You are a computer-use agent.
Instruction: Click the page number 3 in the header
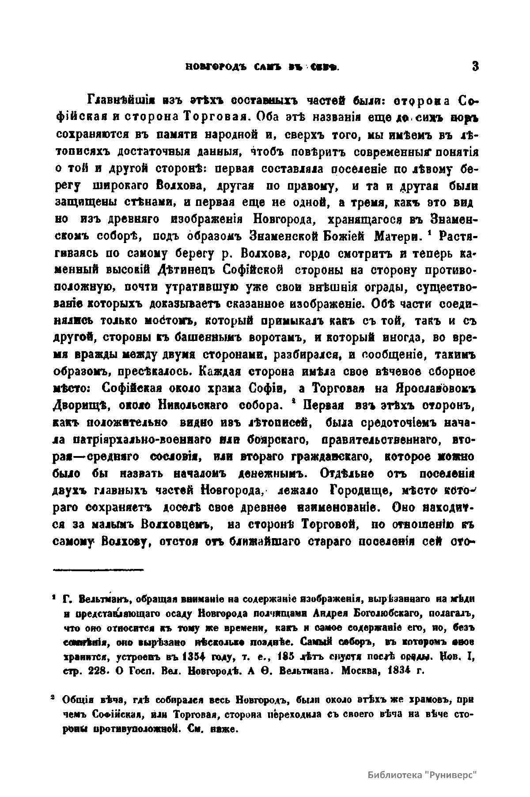coord(475,67)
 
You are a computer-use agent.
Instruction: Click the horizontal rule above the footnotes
coord(98,569)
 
